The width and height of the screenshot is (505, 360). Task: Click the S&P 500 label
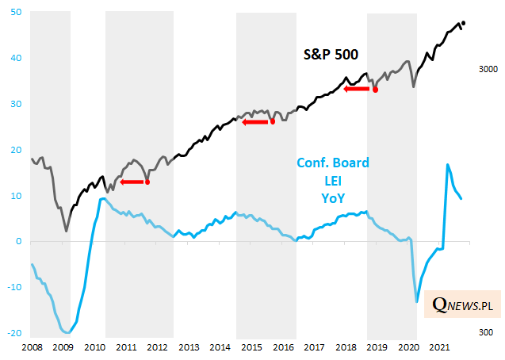coord(332,55)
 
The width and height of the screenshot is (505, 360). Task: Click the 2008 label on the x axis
coord(33,347)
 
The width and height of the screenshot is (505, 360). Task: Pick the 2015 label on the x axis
coord(251,347)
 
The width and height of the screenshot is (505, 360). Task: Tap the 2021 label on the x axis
coord(440,347)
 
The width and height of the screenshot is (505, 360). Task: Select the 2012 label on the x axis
coord(157,347)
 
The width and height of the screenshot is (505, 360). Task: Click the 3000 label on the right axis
coord(487,70)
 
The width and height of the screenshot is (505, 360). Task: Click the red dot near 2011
coord(147,182)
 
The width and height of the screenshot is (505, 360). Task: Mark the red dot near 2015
coord(273,121)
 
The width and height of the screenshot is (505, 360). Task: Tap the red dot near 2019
coord(375,90)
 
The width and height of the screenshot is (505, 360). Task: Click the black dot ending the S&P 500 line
coord(463,23)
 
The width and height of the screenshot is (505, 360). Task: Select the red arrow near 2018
coord(357,89)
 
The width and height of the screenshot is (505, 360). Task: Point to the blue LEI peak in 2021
coord(448,165)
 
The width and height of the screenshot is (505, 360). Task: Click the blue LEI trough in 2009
coord(68,332)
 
